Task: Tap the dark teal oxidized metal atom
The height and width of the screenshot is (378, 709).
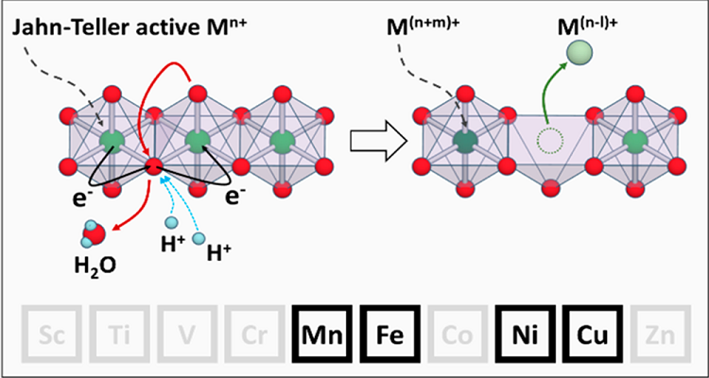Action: [x=464, y=142]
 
